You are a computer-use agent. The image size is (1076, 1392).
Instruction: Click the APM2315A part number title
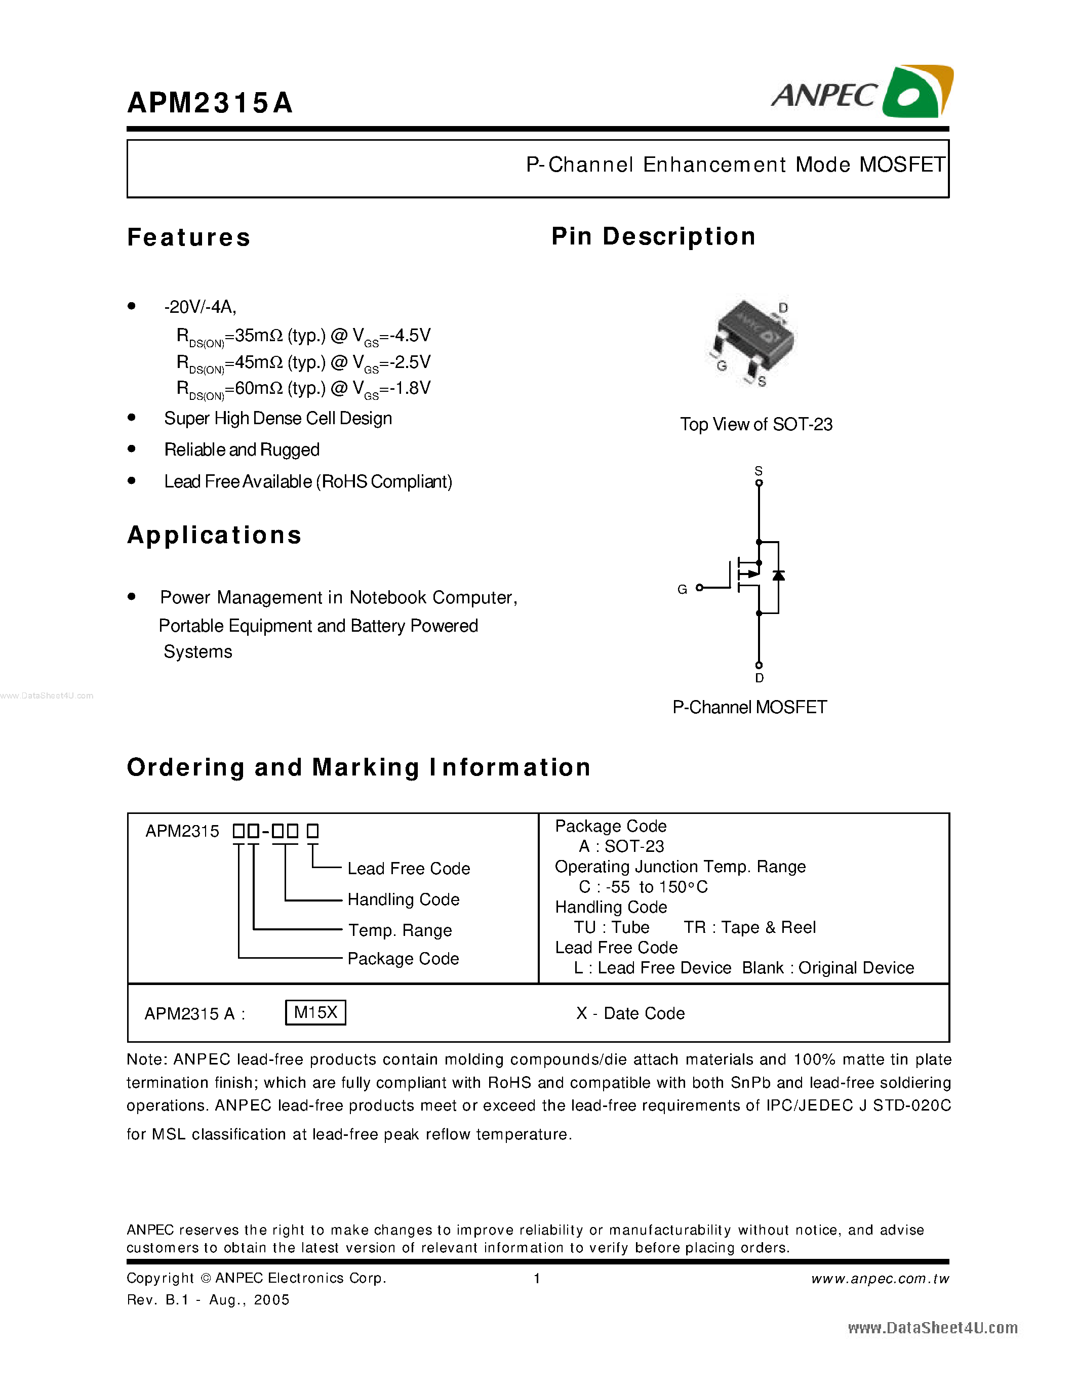pos(210,103)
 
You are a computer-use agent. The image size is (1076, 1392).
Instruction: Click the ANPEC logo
pos(861,93)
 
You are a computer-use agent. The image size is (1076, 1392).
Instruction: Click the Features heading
pos(189,237)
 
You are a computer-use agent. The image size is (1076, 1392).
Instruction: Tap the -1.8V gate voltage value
pos(410,388)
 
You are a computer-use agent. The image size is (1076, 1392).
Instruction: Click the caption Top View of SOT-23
pos(756,425)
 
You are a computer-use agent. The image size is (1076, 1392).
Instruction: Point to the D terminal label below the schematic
pos(759,678)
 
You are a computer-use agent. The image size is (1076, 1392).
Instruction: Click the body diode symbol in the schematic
pos(778,576)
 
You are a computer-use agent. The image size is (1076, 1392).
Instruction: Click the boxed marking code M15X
pos(315,1012)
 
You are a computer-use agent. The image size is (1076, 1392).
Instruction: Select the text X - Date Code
pos(630,1013)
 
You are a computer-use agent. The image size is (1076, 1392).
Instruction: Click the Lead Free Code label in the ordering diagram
pos(409,869)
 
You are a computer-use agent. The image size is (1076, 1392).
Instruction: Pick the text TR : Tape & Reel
pos(749,927)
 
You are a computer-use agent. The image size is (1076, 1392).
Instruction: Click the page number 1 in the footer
pos(537,1279)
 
